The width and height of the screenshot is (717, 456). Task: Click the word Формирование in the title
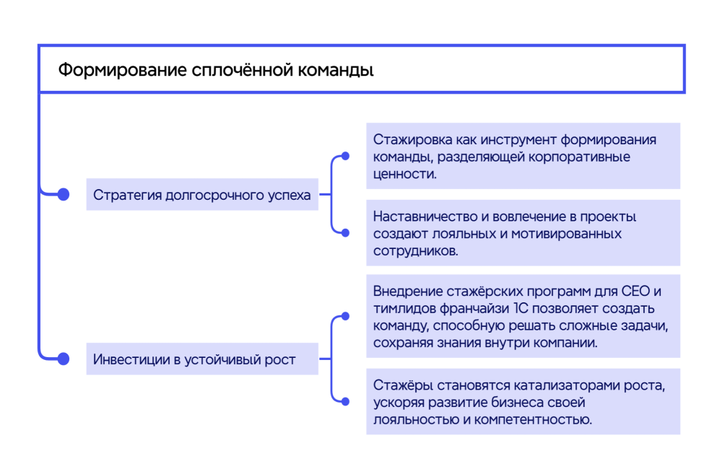tap(123, 70)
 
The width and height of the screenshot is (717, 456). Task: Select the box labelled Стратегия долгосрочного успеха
tap(202, 195)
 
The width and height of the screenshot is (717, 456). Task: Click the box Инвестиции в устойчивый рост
tap(202, 359)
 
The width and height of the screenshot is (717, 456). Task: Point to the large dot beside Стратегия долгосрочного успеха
tap(63, 195)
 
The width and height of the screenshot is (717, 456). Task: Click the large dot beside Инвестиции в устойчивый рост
tap(63, 359)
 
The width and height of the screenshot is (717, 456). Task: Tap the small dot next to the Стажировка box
tap(346, 157)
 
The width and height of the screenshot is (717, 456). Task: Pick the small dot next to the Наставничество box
tap(346, 233)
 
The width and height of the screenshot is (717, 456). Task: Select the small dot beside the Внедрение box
tap(346, 316)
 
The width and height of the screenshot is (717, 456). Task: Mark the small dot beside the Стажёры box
tap(346, 402)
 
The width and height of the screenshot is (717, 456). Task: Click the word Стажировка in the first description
tap(412, 140)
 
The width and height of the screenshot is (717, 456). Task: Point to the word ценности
tap(404, 174)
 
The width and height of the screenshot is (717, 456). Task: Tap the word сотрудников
tap(416, 251)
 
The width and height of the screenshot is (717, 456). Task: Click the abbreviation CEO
tap(635, 291)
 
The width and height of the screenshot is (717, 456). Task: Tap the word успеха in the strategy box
tap(289, 196)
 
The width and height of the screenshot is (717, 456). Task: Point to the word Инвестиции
tap(131, 360)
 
